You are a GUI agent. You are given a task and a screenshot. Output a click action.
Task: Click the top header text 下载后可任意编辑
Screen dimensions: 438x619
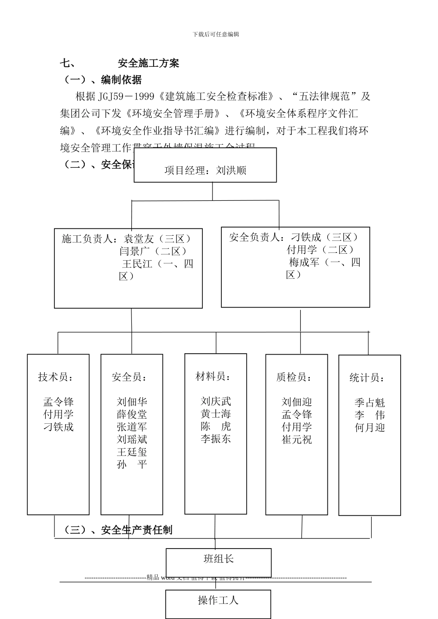216,34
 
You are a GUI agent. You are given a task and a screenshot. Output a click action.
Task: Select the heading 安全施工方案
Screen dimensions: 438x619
148,64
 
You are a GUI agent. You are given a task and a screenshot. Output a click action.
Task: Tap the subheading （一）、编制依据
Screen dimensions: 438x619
102,80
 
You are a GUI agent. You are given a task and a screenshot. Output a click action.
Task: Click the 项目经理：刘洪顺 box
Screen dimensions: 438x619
205,170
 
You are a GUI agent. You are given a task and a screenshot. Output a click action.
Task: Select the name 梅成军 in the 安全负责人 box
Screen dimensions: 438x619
304,263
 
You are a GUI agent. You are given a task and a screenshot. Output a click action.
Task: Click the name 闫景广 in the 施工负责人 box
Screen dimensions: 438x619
134,251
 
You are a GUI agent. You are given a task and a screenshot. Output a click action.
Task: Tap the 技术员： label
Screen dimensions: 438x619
56,378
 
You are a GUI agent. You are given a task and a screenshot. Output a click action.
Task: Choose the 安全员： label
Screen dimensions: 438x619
130,378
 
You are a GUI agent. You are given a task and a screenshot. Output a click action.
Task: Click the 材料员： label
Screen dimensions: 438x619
213,377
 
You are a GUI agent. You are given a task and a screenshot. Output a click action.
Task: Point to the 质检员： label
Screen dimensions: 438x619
294,378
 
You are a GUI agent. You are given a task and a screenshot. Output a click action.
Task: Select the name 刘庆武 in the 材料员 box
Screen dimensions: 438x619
216,402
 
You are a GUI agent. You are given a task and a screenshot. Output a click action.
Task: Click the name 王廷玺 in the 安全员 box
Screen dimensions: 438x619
132,452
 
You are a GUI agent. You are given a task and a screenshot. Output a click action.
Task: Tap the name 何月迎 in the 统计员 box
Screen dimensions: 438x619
369,428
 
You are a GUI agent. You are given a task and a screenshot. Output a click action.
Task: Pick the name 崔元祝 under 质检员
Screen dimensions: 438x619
297,440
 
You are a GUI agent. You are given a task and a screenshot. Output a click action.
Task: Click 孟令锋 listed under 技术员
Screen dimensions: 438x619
59,402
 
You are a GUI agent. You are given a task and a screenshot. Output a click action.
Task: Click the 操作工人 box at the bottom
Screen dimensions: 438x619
218,601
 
